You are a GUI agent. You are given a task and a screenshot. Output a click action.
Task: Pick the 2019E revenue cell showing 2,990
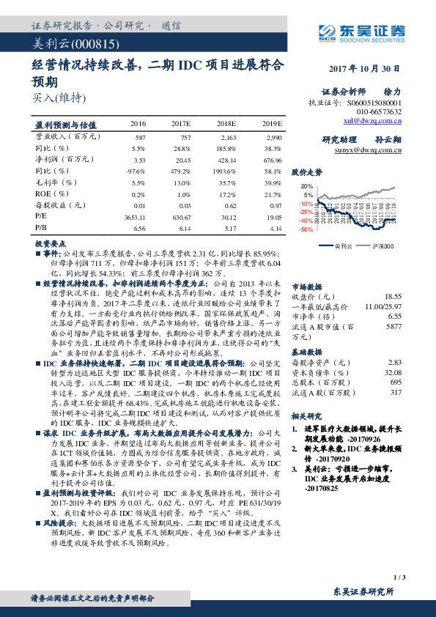click(273, 137)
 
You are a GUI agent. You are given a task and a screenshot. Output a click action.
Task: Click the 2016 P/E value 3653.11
click(137, 218)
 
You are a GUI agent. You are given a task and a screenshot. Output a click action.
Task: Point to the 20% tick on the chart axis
click(308, 186)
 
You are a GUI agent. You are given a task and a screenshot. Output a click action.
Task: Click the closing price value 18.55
click(393, 296)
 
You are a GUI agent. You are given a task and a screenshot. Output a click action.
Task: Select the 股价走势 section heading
click(307, 173)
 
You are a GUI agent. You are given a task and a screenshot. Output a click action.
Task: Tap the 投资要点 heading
click(51, 242)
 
